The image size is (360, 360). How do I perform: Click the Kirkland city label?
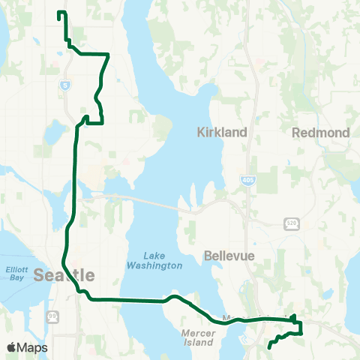(222, 132)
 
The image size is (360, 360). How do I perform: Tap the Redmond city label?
(321, 132)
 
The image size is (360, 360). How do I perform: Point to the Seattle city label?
(64, 274)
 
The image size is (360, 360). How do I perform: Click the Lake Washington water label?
(155, 259)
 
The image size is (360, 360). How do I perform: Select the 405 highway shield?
(247, 180)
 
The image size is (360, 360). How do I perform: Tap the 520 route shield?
(292, 223)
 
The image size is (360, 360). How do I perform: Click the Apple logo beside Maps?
(12, 347)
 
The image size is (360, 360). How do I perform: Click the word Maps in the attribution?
(33, 347)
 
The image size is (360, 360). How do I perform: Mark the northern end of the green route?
(59, 13)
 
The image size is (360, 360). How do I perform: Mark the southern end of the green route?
(269, 347)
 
